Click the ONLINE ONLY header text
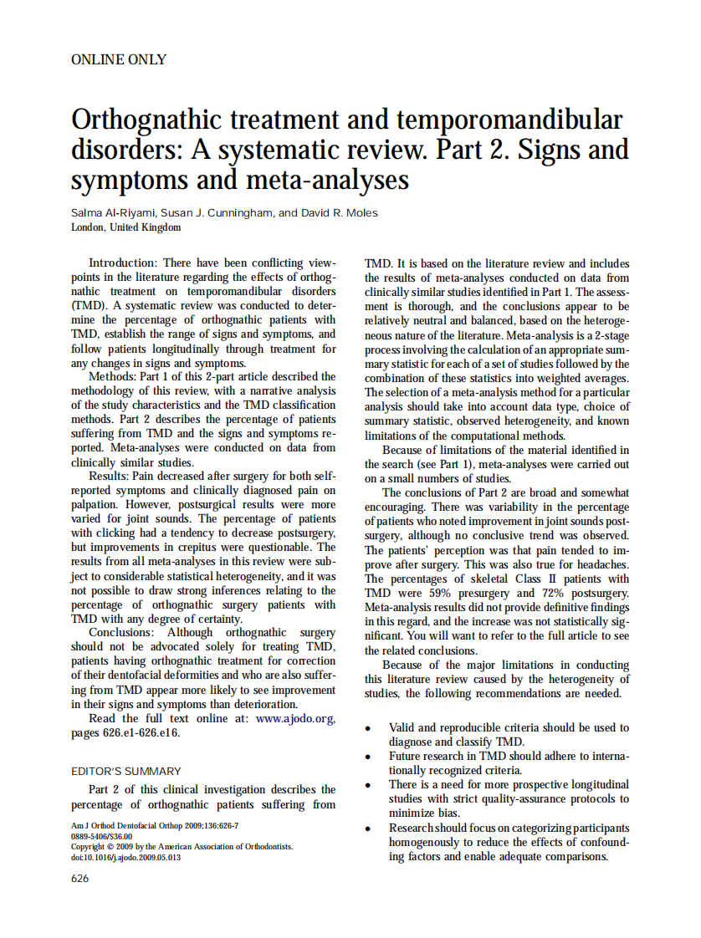pyautogui.click(x=119, y=60)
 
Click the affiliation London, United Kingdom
pyautogui.click(x=125, y=227)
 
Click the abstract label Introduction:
pyautogui.click(x=124, y=263)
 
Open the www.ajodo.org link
pyautogui.click(x=295, y=719)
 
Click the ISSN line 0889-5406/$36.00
pyautogui.click(x=101, y=836)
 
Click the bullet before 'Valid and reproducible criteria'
pyautogui.click(x=369, y=729)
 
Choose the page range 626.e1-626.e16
pyautogui.click(x=136, y=733)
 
